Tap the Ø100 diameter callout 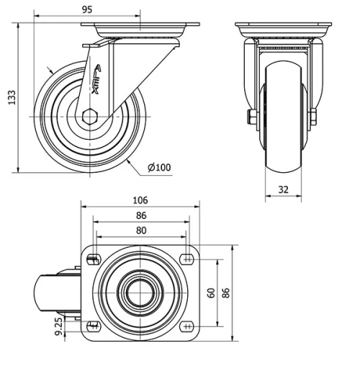[x=159, y=168]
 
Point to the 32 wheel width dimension [x=283, y=191]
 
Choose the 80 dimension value [x=141, y=231]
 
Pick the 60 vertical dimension [x=211, y=293]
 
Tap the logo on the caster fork [x=95, y=76]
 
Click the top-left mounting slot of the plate [x=92, y=259]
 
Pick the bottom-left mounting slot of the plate [x=92, y=326]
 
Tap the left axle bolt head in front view [x=251, y=117]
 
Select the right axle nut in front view [x=314, y=117]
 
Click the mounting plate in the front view [x=283, y=28]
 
